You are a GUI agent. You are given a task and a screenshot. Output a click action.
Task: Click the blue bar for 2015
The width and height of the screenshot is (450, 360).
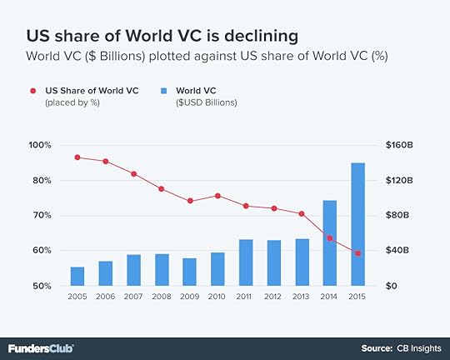coord(357,224)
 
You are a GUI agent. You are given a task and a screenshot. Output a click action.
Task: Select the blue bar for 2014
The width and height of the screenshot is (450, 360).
coord(329,243)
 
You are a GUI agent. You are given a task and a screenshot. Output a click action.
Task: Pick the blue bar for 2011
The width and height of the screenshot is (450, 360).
coord(246,262)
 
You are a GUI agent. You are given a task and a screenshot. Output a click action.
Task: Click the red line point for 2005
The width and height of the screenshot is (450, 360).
coord(77,157)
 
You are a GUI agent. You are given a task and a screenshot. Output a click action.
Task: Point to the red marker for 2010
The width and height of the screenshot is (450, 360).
coord(217,196)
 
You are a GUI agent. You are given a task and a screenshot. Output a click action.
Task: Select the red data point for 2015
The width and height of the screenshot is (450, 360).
coord(357,253)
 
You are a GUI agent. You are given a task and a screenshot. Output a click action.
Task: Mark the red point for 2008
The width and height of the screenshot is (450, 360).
coord(162,189)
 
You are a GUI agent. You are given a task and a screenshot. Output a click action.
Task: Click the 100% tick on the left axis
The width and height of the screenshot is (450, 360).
coord(40,145)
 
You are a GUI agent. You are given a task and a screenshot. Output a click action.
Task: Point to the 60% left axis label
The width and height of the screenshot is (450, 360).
coord(42,250)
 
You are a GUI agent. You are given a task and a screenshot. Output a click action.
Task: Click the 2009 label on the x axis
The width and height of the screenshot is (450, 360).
coord(189,297)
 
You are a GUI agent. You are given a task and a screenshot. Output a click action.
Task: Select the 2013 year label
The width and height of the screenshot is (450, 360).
coord(302,297)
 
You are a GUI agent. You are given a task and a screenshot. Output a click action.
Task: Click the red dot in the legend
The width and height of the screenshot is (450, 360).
coord(32,89)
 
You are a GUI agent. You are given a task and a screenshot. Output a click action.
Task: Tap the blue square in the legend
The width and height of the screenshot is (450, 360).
coord(164,89)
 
